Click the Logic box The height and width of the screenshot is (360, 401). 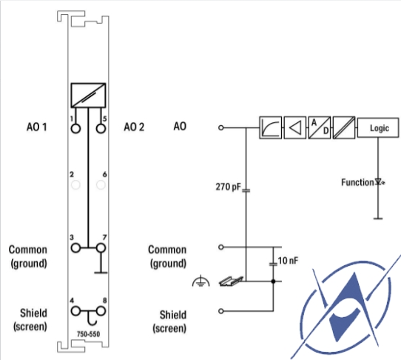coord(378,127)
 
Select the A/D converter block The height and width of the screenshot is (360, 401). coord(320,127)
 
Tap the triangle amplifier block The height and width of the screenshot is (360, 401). coord(295,127)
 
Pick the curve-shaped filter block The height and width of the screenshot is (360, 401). coord(270,127)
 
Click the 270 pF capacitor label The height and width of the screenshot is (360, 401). coord(228,187)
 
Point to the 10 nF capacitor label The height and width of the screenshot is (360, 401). coord(288,261)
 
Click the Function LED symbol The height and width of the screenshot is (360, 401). coord(380,182)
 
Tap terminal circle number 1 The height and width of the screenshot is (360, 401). coord(75,128)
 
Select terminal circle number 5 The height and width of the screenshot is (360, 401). coord(101,128)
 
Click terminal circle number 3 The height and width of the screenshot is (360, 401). coord(75,248)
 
